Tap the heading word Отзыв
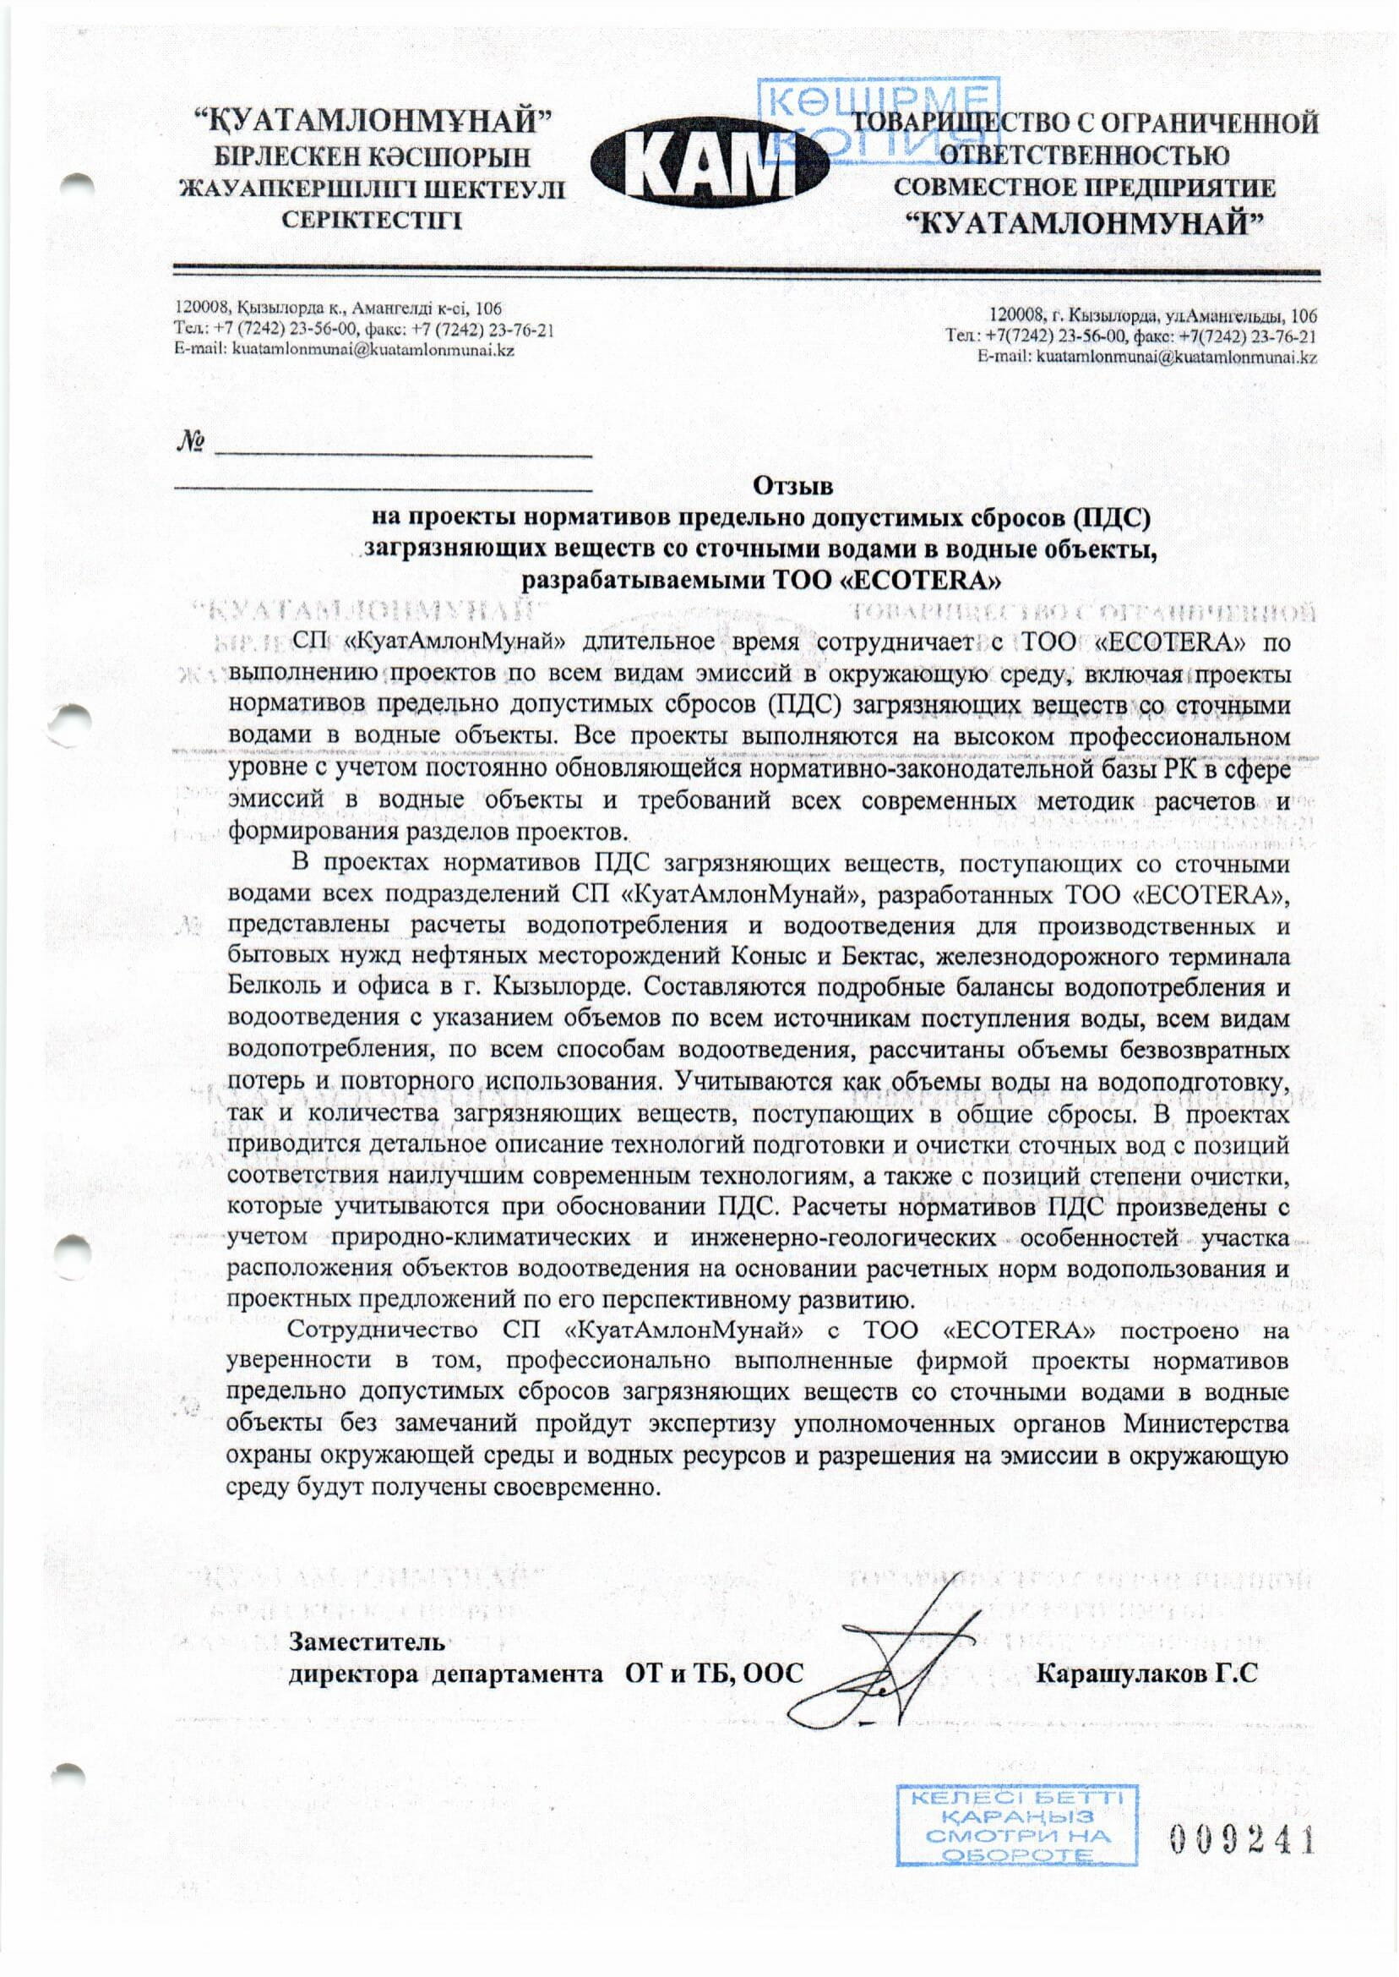[x=793, y=486]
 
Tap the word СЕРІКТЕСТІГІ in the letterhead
[x=373, y=221]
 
